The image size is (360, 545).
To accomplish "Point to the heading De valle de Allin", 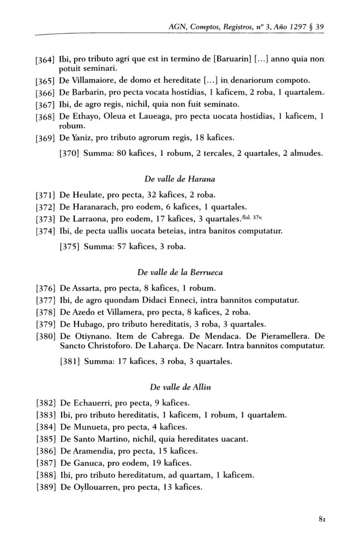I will tap(179, 387).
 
